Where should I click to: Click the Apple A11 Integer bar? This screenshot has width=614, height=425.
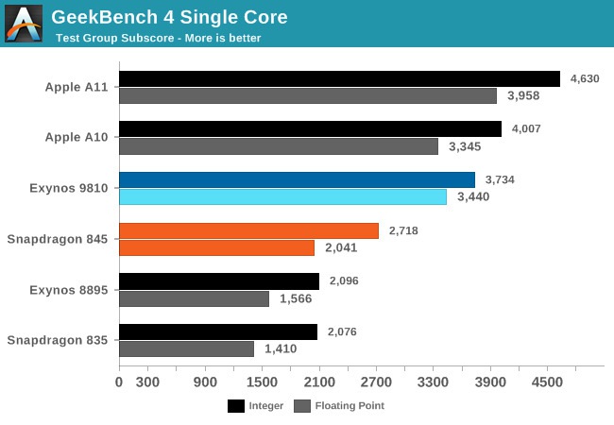(339, 79)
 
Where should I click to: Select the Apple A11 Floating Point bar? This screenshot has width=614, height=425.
(308, 95)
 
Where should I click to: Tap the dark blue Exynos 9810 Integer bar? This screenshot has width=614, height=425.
(297, 180)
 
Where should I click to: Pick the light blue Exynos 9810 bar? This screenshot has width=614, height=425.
(282, 196)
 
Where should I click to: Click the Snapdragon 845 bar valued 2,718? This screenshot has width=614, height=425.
(248, 230)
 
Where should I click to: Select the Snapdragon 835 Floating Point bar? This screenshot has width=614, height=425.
(186, 349)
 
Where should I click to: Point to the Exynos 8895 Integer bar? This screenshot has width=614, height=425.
(219, 281)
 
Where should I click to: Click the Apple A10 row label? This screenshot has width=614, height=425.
(77, 137)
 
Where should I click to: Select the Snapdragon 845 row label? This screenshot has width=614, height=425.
(58, 239)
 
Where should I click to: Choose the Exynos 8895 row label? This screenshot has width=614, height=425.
(69, 290)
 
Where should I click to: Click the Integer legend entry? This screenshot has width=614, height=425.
(254, 406)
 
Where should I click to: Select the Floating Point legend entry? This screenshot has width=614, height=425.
(339, 406)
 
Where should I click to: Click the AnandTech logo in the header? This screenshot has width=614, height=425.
(24, 24)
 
